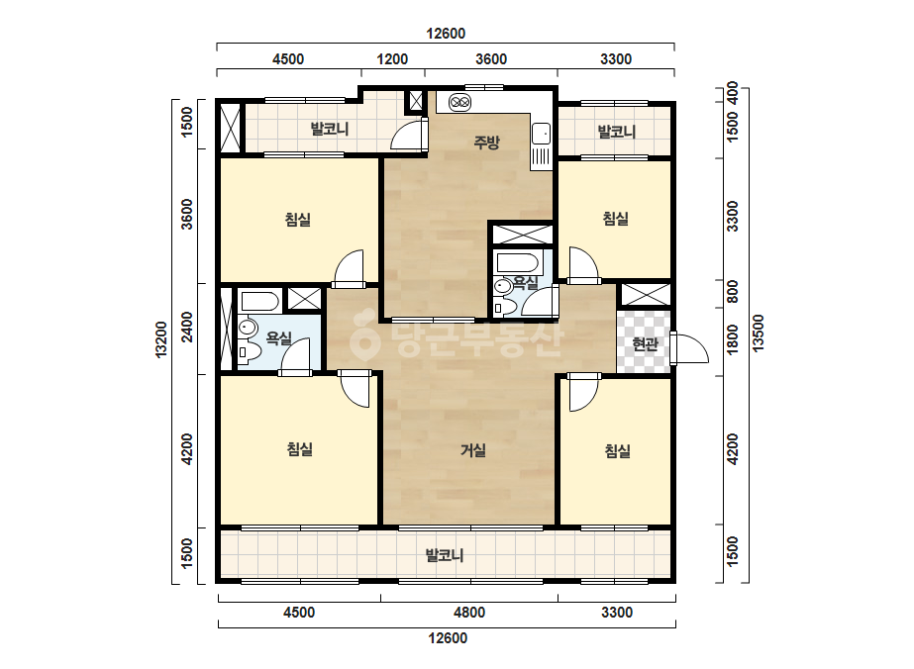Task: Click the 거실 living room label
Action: (472, 450)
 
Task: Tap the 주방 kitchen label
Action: (486, 143)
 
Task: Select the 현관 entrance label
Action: (645, 343)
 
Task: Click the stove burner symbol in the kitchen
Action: (459, 103)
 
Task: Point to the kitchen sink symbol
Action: (541, 134)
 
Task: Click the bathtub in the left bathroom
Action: (260, 301)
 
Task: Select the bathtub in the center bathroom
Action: (518, 262)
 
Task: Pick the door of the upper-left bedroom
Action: (349, 268)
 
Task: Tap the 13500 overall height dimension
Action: (758, 334)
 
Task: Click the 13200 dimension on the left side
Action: (160, 339)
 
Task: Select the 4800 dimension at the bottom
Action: (469, 613)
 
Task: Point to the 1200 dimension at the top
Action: (392, 58)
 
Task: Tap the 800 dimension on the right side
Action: (732, 291)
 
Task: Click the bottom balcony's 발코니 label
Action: (445, 555)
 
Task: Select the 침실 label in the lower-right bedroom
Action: (617, 450)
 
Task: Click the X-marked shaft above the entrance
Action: (644, 294)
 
